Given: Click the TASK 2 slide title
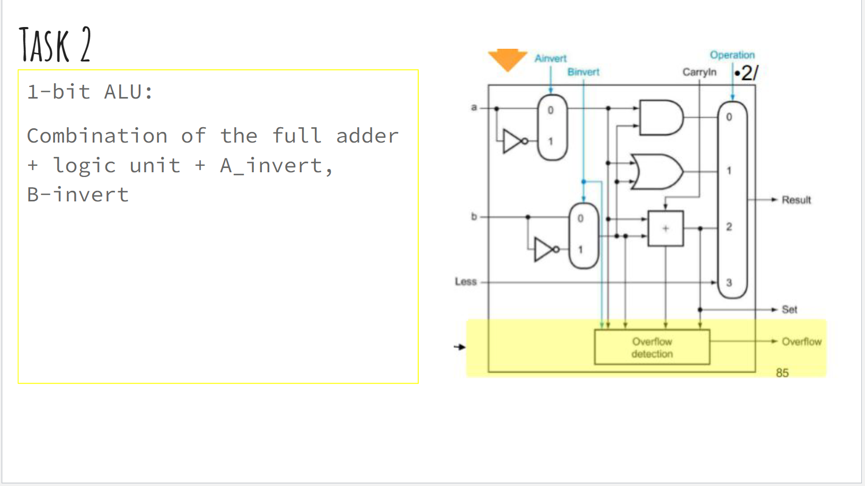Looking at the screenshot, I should pos(55,45).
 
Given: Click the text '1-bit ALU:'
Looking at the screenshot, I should pos(90,92).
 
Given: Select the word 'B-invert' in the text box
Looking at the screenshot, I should pos(78,195).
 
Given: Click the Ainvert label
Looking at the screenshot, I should pos(550,58).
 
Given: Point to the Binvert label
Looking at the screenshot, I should pos(583,72).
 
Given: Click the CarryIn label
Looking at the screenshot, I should pos(699,72).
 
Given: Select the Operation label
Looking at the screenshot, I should pos(732,55).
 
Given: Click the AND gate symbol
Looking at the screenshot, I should pos(660,118).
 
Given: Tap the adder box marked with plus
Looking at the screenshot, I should pos(666,228).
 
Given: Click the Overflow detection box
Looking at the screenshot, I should pos(652,348).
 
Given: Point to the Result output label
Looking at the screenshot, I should pos(796,200).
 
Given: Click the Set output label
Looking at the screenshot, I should pos(789,310).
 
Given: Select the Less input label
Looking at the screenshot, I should pos(465,281).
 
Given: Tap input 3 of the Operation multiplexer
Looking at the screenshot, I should pos(729,282).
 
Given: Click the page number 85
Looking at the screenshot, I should pos(782,373).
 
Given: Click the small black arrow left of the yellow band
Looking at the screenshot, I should pos(460,347).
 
